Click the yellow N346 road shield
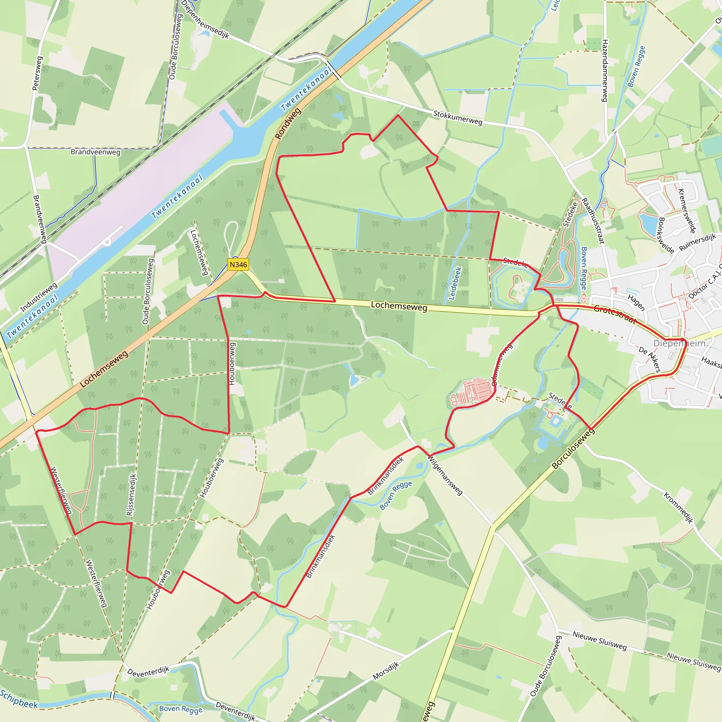click(238, 265)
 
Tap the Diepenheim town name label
click(679, 343)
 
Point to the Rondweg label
click(288, 124)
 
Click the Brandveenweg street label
click(95, 152)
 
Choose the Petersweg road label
click(37, 73)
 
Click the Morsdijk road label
click(386, 671)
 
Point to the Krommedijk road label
click(678, 508)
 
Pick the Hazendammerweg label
click(605, 71)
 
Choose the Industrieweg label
click(39, 297)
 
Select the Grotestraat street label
click(615, 314)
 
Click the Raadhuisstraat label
click(593, 221)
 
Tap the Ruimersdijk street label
click(697, 242)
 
